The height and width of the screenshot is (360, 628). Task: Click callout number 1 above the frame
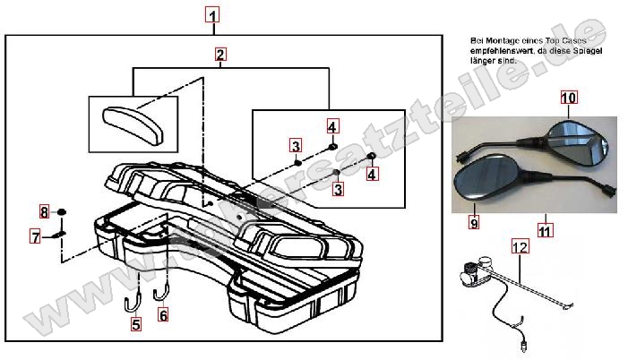211,15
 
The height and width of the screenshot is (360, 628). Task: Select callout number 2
220,55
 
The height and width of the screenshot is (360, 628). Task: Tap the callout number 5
136,325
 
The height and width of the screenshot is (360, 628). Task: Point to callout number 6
163,314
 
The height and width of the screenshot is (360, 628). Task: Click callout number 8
43,212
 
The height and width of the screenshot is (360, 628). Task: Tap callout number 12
520,244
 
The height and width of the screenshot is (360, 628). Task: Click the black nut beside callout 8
62,212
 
